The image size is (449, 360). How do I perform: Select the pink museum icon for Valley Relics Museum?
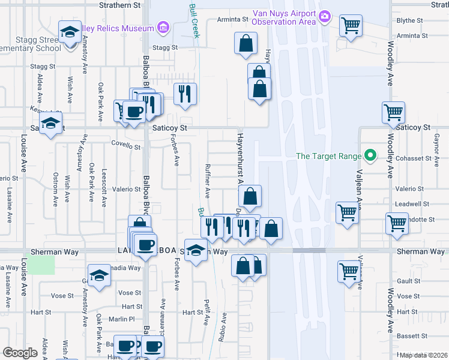163,27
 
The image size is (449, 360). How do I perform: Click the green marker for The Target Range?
370,157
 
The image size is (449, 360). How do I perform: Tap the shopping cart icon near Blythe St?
351,26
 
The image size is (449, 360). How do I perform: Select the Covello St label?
126,145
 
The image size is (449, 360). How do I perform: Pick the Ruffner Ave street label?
208,181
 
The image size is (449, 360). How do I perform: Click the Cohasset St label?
414,159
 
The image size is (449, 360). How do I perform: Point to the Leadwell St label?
414,204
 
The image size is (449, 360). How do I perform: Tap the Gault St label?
408,281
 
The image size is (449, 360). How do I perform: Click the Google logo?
20,352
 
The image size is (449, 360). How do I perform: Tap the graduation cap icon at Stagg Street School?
70,32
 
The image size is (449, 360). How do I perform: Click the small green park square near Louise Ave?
41,265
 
